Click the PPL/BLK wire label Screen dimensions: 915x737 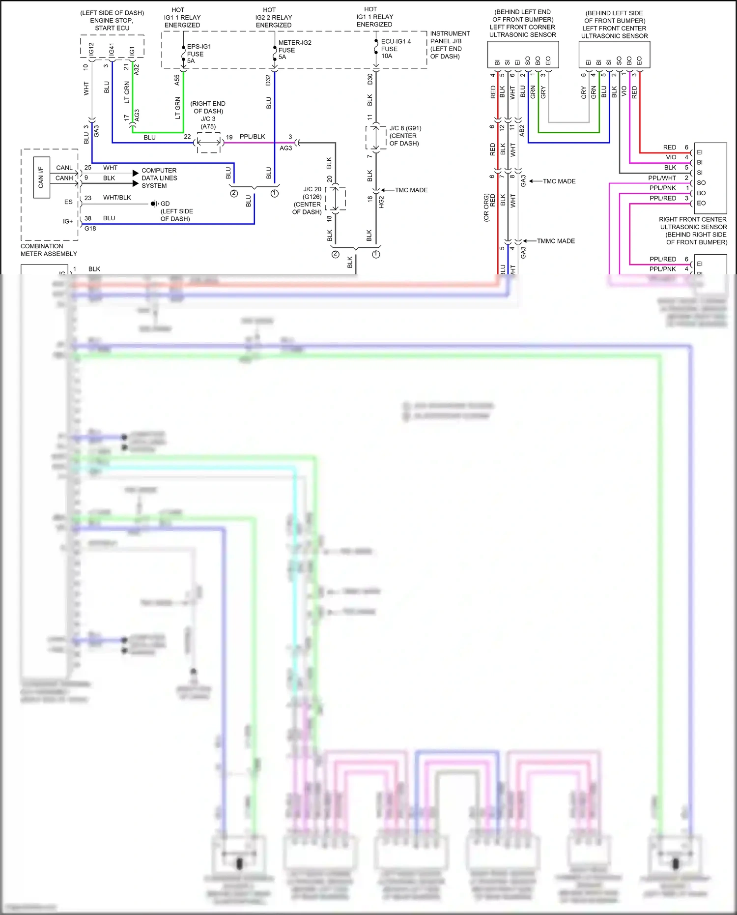coord(252,137)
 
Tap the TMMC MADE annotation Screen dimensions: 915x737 coord(555,241)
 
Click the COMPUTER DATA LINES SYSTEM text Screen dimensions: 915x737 coord(159,178)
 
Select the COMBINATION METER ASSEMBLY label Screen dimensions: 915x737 coord(49,250)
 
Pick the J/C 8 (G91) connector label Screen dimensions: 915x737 coord(405,136)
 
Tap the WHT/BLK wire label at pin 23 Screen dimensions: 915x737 coord(117,198)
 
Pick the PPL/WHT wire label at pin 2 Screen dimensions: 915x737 coord(662,178)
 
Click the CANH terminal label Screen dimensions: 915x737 coord(64,178)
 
